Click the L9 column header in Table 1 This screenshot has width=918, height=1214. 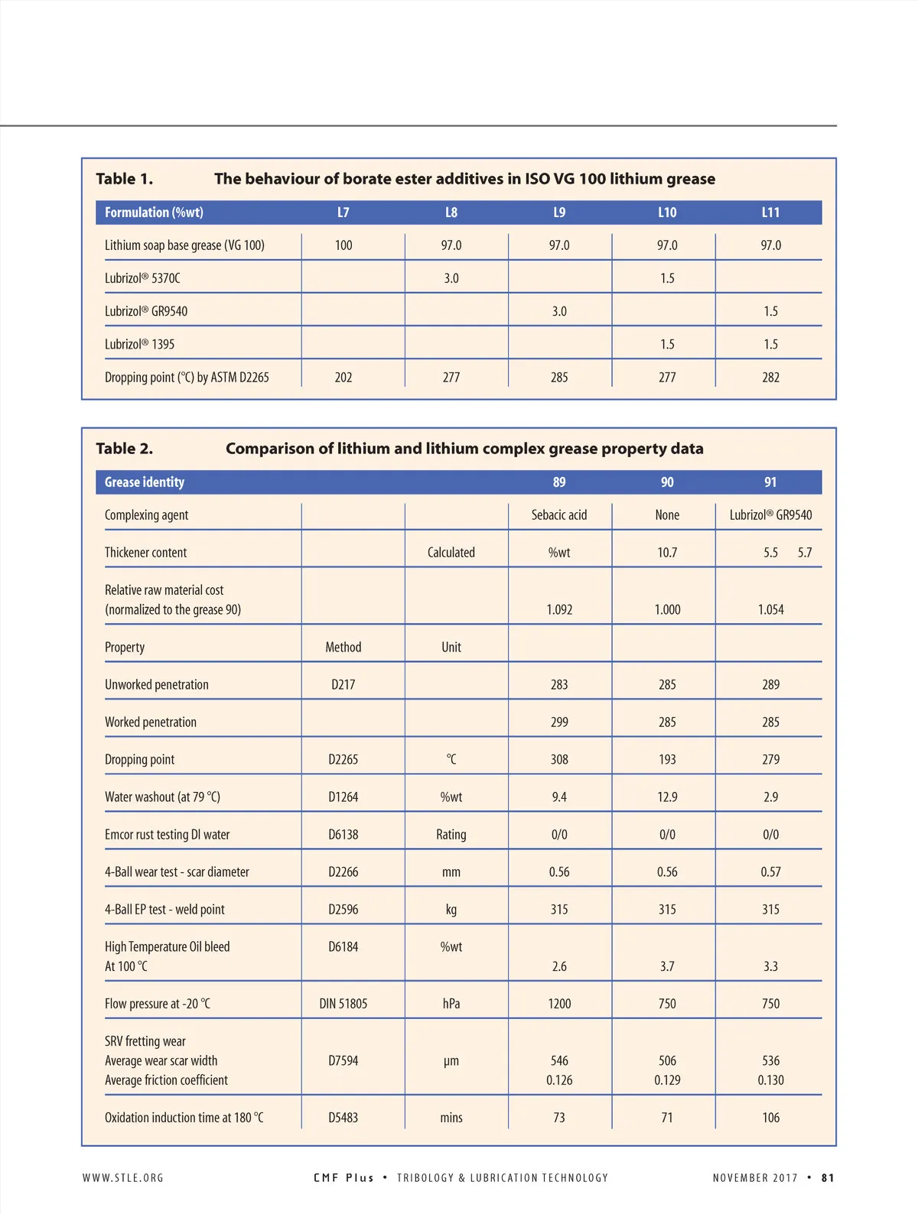click(559, 213)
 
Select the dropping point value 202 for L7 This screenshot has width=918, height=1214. click(343, 377)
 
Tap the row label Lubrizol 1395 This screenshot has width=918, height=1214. click(139, 344)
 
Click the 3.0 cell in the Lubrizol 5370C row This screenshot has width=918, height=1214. click(451, 278)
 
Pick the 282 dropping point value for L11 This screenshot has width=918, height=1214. click(770, 377)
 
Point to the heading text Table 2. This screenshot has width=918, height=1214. click(124, 449)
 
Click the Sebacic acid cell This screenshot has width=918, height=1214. click(559, 515)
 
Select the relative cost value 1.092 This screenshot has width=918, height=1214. click(559, 609)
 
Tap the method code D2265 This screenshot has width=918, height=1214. click(343, 759)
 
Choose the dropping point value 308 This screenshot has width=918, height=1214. click(559, 759)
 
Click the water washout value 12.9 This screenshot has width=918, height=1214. click(667, 797)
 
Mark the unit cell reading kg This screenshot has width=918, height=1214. click(451, 909)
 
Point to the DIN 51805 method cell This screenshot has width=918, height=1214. click(343, 1004)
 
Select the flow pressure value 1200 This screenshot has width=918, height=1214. click(559, 1004)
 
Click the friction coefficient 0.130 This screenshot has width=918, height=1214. click(770, 1080)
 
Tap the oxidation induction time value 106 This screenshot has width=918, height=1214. click(770, 1118)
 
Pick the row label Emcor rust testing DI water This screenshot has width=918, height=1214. click(167, 835)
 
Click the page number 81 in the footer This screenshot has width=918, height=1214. click(828, 1178)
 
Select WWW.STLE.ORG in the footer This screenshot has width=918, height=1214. click(123, 1178)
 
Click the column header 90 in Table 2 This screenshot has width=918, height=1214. click(667, 482)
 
